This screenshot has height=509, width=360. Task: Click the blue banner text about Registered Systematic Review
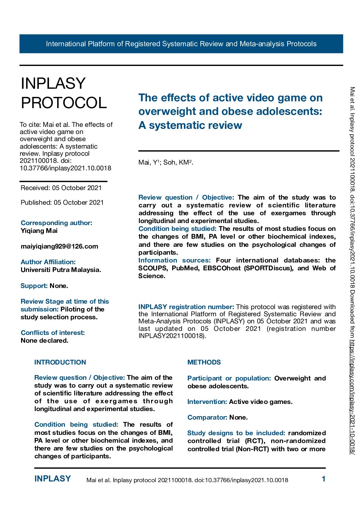pyautogui.click(x=181, y=44)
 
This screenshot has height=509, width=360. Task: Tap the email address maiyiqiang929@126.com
pyautogui.click(x=59, y=246)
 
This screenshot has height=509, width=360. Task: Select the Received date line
pyautogui.click(x=61, y=188)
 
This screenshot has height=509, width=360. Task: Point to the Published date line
pyautogui.click(x=62, y=202)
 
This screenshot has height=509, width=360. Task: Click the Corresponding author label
pyautogui.click(x=56, y=223)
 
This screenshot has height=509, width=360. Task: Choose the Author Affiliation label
pyautogui.click(x=48, y=262)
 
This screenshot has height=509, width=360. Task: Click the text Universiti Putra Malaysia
pyautogui.click(x=61, y=270)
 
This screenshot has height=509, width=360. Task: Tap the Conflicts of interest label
pyautogui.click(x=53, y=333)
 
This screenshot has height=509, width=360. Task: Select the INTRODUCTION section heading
pyautogui.click(x=60, y=362)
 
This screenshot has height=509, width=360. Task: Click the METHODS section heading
pyautogui.click(x=204, y=362)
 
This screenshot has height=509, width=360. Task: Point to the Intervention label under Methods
pyautogui.click(x=207, y=402)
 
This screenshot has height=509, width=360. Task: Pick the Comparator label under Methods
pyautogui.click(x=208, y=417)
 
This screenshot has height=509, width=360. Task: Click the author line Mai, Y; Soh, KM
pyautogui.click(x=166, y=163)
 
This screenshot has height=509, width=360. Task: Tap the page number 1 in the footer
pyautogui.click(x=324, y=479)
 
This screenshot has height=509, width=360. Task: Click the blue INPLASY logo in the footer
pyautogui.click(x=53, y=479)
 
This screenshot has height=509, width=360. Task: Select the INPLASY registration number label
pyautogui.click(x=186, y=307)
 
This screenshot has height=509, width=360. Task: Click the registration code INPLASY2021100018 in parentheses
pyautogui.click(x=171, y=336)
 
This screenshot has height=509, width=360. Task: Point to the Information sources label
pyautogui.click(x=175, y=260)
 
